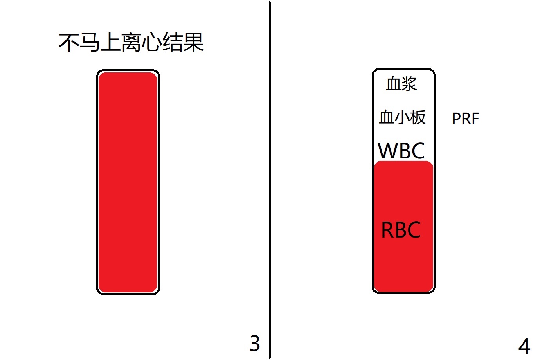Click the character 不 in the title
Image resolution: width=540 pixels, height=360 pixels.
pos(69,43)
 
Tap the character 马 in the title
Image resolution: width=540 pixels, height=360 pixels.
pos(90,43)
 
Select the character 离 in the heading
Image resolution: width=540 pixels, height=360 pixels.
pos(131,43)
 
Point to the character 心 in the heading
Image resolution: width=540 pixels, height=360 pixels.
pos(152,43)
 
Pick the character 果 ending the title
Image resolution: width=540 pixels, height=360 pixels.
pos(193,43)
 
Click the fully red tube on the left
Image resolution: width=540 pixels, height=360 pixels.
pos(128,182)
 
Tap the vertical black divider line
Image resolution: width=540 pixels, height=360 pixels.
pos(270,180)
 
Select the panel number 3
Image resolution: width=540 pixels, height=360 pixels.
pos(255,343)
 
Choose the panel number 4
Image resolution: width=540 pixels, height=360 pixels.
pos(524,346)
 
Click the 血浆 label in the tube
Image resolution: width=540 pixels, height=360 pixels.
pos(401,84)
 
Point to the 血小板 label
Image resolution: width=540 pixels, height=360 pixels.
pos(402,117)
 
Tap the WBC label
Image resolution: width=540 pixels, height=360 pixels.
pos(401,151)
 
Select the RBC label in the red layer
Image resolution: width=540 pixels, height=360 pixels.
pos(401,230)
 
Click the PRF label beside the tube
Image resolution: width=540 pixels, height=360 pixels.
pos(466,119)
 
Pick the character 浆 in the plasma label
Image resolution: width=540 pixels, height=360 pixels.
pos(409,84)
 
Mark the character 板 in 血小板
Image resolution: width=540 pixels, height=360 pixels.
pos(418,117)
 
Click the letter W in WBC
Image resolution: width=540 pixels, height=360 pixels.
pos(387,151)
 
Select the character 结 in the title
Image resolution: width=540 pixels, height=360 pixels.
pos(172,43)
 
